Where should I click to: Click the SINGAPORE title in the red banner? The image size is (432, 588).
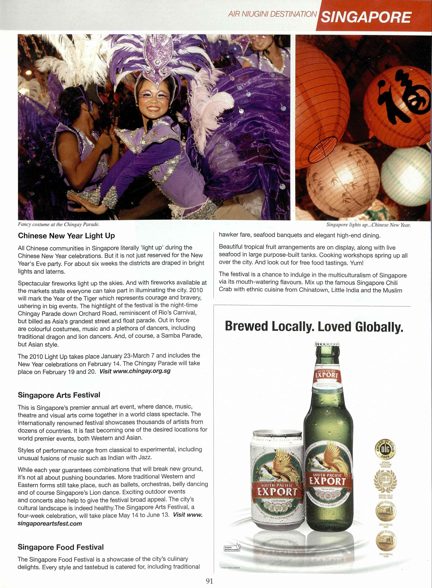366,17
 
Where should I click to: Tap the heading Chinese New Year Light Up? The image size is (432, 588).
66,236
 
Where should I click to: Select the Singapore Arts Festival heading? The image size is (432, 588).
59,395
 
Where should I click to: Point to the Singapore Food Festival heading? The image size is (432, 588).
61,547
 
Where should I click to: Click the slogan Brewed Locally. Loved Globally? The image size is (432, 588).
314,327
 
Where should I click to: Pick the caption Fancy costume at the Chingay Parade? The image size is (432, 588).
59,224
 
